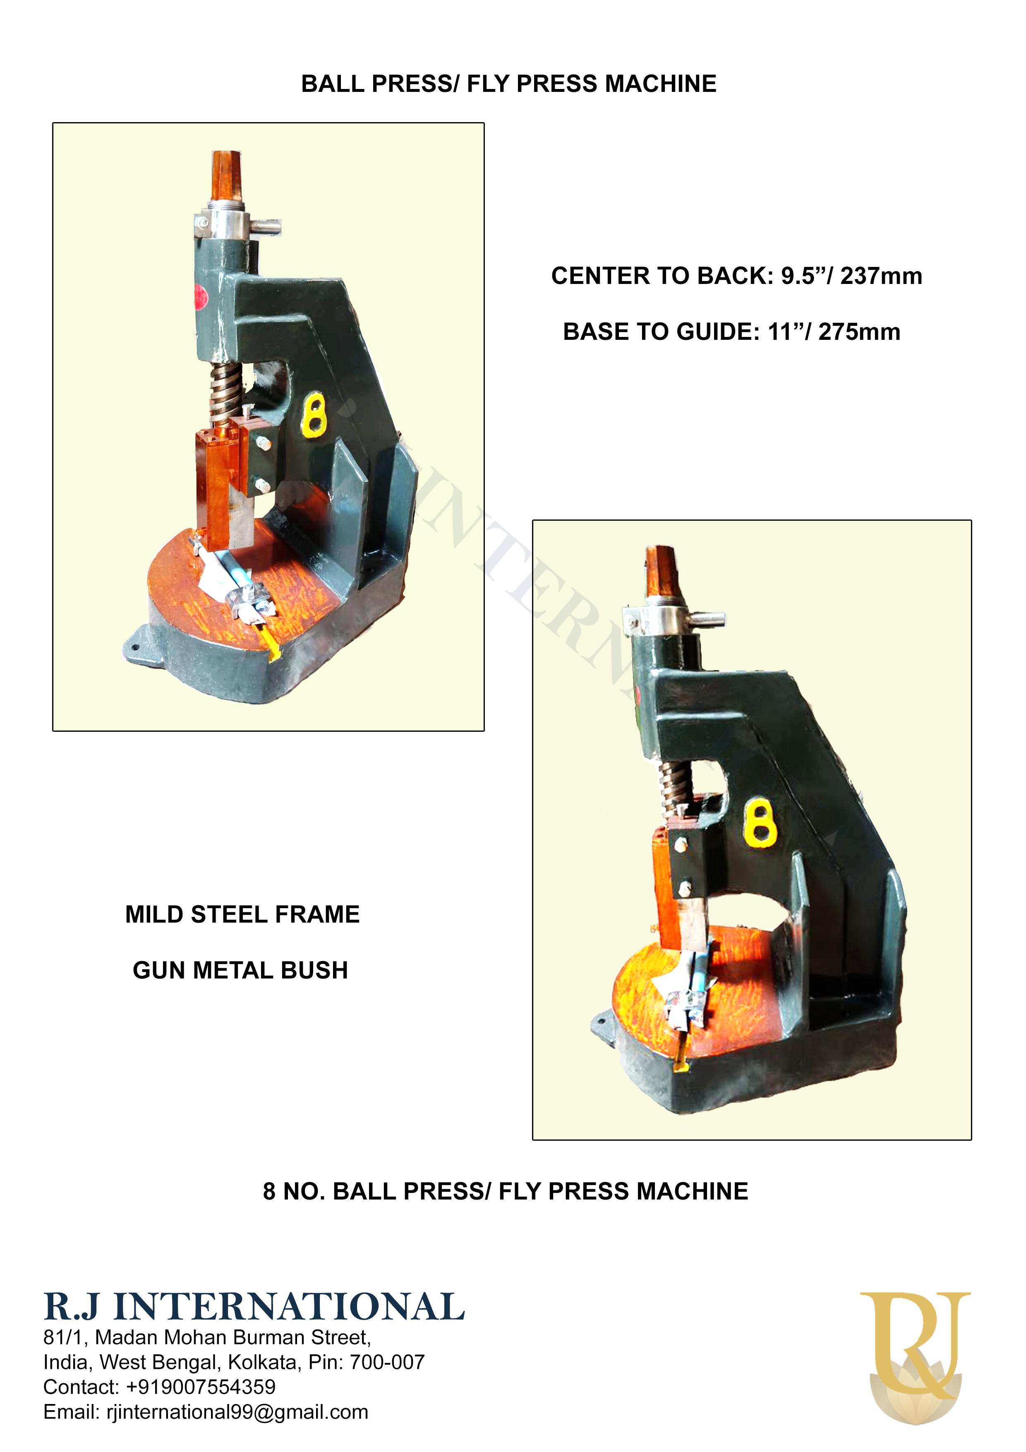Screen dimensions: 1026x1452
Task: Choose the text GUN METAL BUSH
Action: coord(240,970)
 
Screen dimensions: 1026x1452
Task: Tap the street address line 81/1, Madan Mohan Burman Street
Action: coord(207,1337)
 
